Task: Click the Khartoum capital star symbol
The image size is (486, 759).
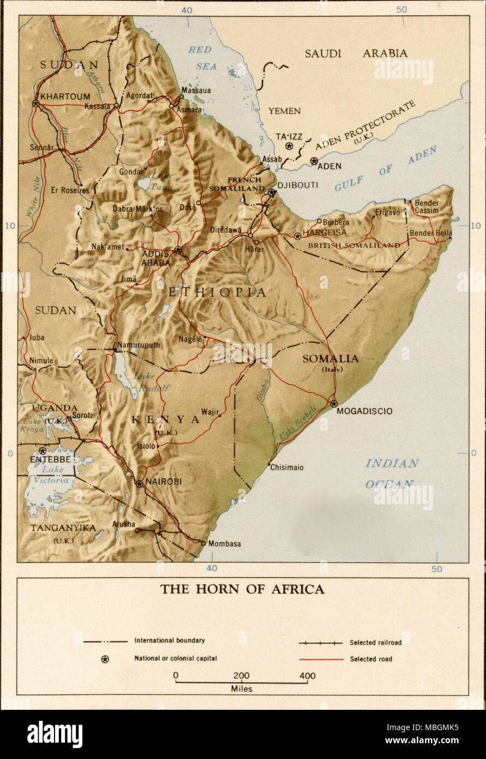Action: click(x=36, y=103)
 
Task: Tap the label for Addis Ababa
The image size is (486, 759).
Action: click(x=156, y=257)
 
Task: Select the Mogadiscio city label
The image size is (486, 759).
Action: click(x=364, y=411)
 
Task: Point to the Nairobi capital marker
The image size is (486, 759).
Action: click(x=139, y=483)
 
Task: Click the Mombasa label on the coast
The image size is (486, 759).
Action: click(x=224, y=544)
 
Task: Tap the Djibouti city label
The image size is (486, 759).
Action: click(x=298, y=185)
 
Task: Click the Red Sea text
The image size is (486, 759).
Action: click(x=201, y=58)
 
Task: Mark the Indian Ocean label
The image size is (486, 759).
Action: click(x=392, y=473)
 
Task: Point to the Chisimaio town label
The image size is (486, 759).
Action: click(x=286, y=467)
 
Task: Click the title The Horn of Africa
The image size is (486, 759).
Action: click(x=242, y=589)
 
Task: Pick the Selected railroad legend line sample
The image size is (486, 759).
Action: click(x=321, y=643)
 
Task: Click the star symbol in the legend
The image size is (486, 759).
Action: click(x=105, y=659)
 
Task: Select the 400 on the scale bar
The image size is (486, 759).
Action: click(x=307, y=675)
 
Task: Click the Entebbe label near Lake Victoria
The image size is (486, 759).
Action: click(x=51, y=460)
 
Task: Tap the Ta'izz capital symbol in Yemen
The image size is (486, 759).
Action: click(x=289, y=146)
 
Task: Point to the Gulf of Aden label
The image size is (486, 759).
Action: click(x=385, y=169)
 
